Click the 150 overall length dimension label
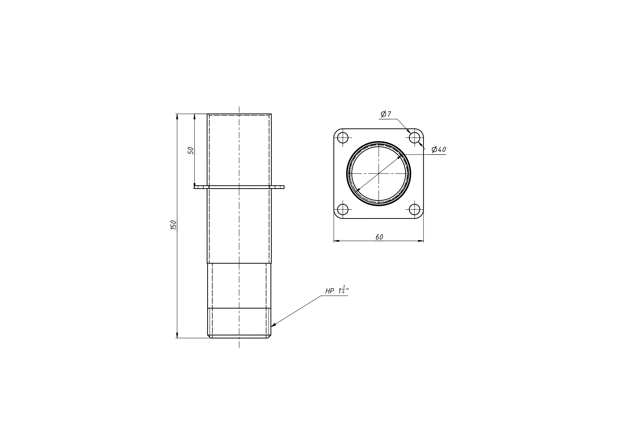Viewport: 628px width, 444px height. [x=173, y=225]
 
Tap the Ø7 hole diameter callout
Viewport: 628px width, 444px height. [x=386, y=114]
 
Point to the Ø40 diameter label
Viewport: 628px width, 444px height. [x=439, y=149]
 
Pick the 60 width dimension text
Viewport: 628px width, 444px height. [x=379, y=237]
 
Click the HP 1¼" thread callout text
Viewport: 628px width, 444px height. [x=337, y=290]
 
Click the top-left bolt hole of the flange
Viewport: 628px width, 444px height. [x=343, y=138]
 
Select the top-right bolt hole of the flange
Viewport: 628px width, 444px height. [x=414, y=138]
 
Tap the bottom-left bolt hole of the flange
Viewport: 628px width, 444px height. [x=343, y=209]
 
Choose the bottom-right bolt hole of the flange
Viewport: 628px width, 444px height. [x=414, y=209]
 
